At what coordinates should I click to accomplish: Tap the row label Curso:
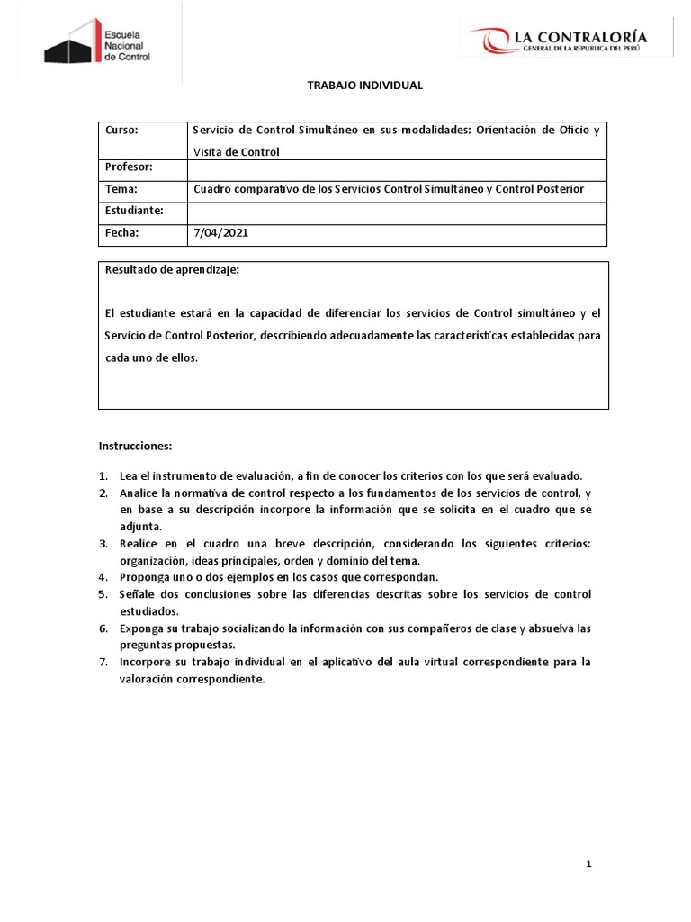point(121,131)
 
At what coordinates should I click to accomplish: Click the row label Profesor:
point(129,167)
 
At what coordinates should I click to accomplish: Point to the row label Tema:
point(121,189)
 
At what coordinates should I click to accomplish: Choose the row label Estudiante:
point(134,211)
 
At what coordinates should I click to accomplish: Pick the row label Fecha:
point(122,232)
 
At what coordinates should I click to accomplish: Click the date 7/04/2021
point(221,232)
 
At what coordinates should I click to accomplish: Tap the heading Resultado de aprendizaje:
point(173,269)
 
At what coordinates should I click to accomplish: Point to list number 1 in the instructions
point(103,475)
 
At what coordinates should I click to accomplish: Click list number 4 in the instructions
point(103,576)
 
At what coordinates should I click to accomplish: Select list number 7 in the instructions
point(103,662)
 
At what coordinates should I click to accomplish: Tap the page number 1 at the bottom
point(588,864)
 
